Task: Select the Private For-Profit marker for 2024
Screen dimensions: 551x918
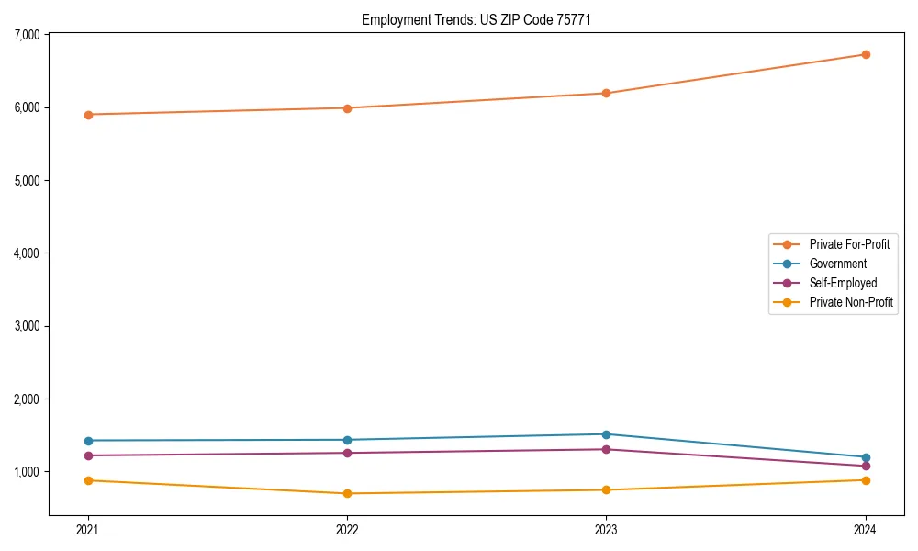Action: [866, 54]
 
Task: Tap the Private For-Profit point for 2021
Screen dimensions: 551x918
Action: [88, 115]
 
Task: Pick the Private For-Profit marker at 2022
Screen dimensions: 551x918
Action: [347, 108]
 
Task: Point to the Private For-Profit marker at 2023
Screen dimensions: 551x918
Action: [607, 93]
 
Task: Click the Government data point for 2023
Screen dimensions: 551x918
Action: [607, 434]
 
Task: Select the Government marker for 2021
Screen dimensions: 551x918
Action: [88, 441]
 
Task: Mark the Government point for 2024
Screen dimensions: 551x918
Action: [866, 457]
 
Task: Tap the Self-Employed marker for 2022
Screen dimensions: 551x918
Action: [347, 453]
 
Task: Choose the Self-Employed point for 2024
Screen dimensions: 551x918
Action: [866, 466]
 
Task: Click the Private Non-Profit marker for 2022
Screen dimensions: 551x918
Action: [347, 493]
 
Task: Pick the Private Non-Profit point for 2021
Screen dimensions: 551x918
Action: [88, 480]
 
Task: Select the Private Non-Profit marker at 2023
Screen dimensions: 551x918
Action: [607, 489]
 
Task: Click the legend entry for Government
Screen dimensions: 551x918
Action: [837, 264]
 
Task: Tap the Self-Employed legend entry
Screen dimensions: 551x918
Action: [843, 283]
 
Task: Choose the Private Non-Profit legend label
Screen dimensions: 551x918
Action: [851, 302]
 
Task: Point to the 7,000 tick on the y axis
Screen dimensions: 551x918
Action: [28, 35]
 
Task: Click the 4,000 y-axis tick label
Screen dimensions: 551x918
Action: [28, 253]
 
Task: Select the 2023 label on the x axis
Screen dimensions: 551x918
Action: [607, 529]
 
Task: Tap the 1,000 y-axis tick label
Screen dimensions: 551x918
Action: [28, 472]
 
